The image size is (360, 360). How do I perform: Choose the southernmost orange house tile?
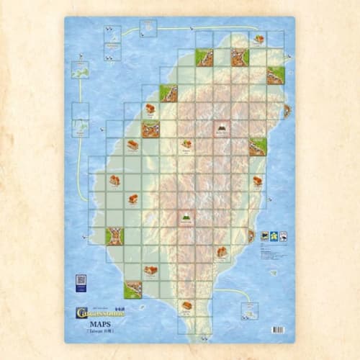point(186,305)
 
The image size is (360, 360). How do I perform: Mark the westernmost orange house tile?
point(114,180)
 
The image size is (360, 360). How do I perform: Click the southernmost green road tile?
point(132,289)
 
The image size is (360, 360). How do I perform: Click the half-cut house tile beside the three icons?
point(252,235)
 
